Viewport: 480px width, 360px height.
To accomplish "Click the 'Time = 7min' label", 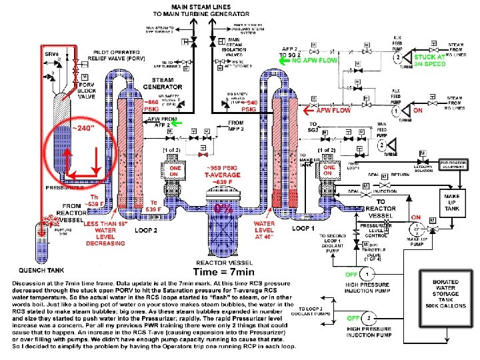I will [x=224, y=272].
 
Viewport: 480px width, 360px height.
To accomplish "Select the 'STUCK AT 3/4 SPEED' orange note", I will [x=429, y=61].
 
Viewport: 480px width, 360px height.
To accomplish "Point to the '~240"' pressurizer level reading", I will [x=83, y=128].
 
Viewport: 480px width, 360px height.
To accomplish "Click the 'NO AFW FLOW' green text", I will [x=315, y=60].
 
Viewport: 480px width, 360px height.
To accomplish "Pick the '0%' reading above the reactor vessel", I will [x=223, y=208].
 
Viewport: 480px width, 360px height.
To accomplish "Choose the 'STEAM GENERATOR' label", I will [x=163, y=83].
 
